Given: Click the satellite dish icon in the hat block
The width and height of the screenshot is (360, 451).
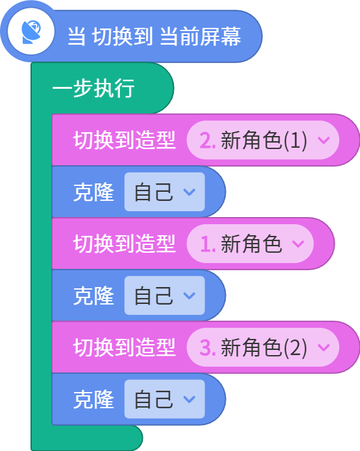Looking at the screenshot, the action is [x=31, y=32].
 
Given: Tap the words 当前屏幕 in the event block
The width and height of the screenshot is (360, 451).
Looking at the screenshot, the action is [x=200, y=36].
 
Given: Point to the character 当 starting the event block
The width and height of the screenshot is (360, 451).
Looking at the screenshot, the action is [x=77, y=36].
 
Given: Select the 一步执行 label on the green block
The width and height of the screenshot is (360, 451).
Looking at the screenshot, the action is [x=93, y=88].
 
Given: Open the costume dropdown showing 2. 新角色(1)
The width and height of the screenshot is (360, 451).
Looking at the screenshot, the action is [x=263, y=140].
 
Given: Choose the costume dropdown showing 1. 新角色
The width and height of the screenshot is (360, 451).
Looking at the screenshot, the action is [x=250, y=244].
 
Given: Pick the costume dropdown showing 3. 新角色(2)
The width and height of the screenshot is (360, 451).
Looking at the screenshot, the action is [x=263, y=347].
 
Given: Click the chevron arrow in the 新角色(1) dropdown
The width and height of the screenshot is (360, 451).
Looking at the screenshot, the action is [x=324, y=140].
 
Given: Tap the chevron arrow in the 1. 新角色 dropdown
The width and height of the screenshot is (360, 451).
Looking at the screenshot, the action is [x=298, y=244].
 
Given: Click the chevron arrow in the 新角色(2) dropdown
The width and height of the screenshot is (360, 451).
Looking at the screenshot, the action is [x=324, y=347].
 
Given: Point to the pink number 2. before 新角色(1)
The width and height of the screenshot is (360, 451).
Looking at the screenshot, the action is [x=208, y=141].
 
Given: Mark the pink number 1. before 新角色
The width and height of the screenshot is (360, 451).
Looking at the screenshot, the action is [x=208, y=244].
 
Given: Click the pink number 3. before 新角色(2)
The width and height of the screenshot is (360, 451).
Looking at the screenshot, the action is [x=208, y=347].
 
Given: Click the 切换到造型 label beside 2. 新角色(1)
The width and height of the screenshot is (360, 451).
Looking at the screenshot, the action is [x=125, y=140].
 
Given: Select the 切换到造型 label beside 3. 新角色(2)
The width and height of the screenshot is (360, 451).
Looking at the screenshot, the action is [x=125, y=347].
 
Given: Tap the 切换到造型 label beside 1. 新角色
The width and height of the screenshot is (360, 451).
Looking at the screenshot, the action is [x=125, y=244].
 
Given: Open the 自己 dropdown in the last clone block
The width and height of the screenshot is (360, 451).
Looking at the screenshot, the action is [x=165, y=399].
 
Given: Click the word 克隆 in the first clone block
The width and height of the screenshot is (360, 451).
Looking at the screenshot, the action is [x=93, y=192].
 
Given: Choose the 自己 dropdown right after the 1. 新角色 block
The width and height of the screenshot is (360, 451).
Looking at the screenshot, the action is [x=165, y=295].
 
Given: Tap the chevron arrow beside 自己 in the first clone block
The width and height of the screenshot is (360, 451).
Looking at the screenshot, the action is [x=189, y=192].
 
